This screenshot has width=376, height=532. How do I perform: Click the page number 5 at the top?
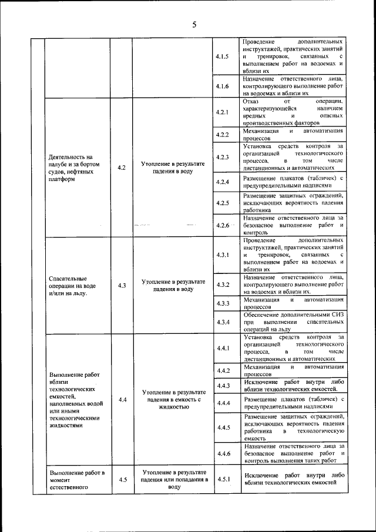point(193,25)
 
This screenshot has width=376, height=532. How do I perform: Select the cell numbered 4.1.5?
point(222,56)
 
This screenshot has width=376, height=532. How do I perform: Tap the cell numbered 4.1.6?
point(222,86)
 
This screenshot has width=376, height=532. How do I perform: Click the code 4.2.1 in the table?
point(222,112)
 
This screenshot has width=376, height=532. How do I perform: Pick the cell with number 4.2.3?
point(222,157)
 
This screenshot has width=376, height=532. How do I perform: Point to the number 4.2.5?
point(222,203)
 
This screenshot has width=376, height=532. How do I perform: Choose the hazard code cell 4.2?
point(122,168)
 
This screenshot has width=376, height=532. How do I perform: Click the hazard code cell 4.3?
point(122,285)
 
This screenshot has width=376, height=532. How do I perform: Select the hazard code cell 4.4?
point(122,400)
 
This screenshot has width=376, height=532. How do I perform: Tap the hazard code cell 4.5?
point(122,479)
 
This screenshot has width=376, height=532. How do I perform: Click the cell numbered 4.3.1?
point(222,255)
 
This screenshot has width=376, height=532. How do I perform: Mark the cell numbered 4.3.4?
point(222,322)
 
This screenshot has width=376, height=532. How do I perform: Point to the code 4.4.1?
point(222,349)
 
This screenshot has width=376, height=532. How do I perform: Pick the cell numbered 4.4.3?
point(222,386)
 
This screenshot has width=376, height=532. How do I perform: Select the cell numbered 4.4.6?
point(222,453)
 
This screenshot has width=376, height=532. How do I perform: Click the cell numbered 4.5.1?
point(222,479)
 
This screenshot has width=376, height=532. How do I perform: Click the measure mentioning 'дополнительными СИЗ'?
point(292,322)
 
